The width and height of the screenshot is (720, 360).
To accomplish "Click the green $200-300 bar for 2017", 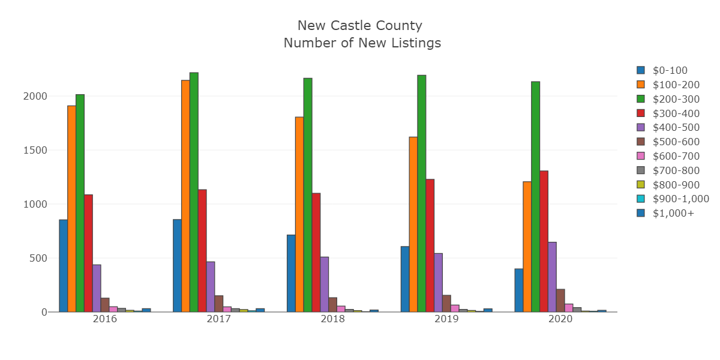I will tap(194, 192).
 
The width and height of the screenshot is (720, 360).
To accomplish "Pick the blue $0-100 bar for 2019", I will tap(405, 279).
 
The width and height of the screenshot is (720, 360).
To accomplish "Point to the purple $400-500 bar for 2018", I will tap(324, 284).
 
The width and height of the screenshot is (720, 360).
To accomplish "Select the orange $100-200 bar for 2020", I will tap(527, 247).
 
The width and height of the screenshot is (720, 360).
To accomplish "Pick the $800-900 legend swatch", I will tap(641, 185).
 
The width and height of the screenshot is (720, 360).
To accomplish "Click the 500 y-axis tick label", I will tap(37, 258).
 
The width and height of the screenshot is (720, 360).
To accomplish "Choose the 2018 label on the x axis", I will tap(332, 320).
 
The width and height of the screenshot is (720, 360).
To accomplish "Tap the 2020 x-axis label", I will tap(560, 320).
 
